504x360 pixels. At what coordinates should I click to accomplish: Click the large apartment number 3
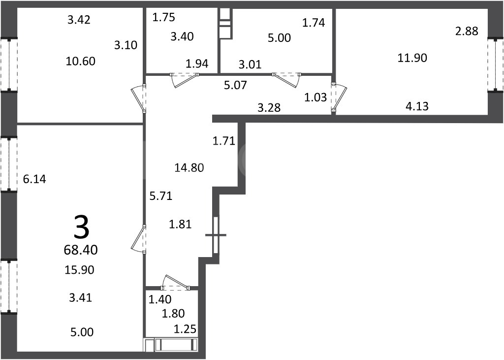point(81,228)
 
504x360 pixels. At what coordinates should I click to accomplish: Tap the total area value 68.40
point(81,250)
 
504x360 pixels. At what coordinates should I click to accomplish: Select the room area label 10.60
point(80,61)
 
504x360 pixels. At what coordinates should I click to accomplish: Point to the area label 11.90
point(412,58)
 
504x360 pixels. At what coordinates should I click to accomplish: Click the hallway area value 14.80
point(189,167)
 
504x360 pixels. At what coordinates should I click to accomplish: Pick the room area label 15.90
point(79,269)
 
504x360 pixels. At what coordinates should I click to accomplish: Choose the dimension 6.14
point(34,179)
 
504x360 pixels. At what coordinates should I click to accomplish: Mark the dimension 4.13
point(417,106)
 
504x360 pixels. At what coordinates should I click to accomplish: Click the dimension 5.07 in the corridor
point(236,85)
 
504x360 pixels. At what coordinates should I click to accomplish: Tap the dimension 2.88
point(467,31)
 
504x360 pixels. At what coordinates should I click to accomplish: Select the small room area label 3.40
point(182,36)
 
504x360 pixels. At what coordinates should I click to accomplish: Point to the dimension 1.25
point(185,329)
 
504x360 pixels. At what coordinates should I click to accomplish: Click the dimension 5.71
point(161,196)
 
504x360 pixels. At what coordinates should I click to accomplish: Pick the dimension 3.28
point(269,107)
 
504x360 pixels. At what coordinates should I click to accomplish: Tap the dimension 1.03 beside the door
point(315,97)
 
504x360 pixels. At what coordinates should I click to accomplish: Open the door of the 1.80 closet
point(176,284)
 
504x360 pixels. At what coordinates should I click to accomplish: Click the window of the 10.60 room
point(9,65)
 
